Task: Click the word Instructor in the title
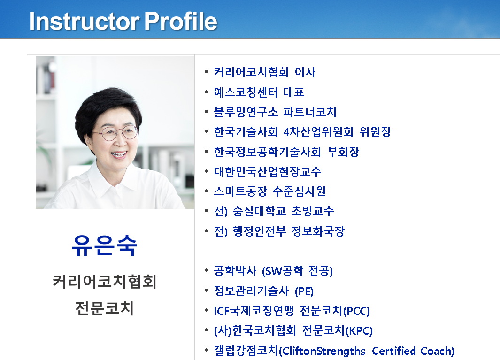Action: (84, 22)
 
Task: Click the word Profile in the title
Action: (181, 21)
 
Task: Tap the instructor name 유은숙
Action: (105, 245)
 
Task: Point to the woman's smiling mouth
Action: (119, 155)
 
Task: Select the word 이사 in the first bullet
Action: (305, 72)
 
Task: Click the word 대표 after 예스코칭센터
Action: (294, 92)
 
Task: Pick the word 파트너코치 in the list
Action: (310, 112)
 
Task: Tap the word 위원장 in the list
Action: (375, 132)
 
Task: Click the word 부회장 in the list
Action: (343, 152)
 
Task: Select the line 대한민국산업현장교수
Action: (268, 171)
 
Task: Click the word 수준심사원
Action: (299, 191)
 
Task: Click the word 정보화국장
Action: (318, 231)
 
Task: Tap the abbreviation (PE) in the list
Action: (304, 291)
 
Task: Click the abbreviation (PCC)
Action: (356, 311)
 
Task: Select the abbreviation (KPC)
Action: (359, 330)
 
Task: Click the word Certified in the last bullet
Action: (394, 351)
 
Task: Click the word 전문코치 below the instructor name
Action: (105, 308)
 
